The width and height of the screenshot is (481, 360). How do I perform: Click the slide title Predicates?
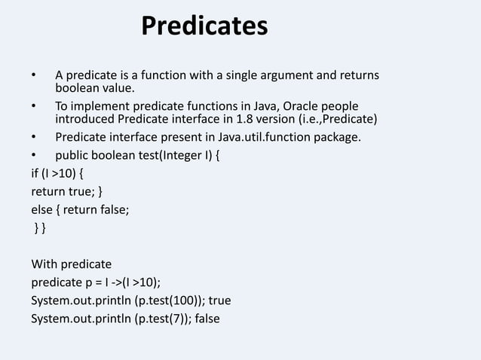pyautogui.click(x=204, y=27)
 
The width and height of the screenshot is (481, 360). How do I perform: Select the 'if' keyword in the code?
pyautogui.click(x=35, y=176)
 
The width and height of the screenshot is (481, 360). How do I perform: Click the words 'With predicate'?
pyautogui.click(x=71, y=264)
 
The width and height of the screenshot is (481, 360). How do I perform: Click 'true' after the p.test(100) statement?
pyautogui.click(x=219, y=301)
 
